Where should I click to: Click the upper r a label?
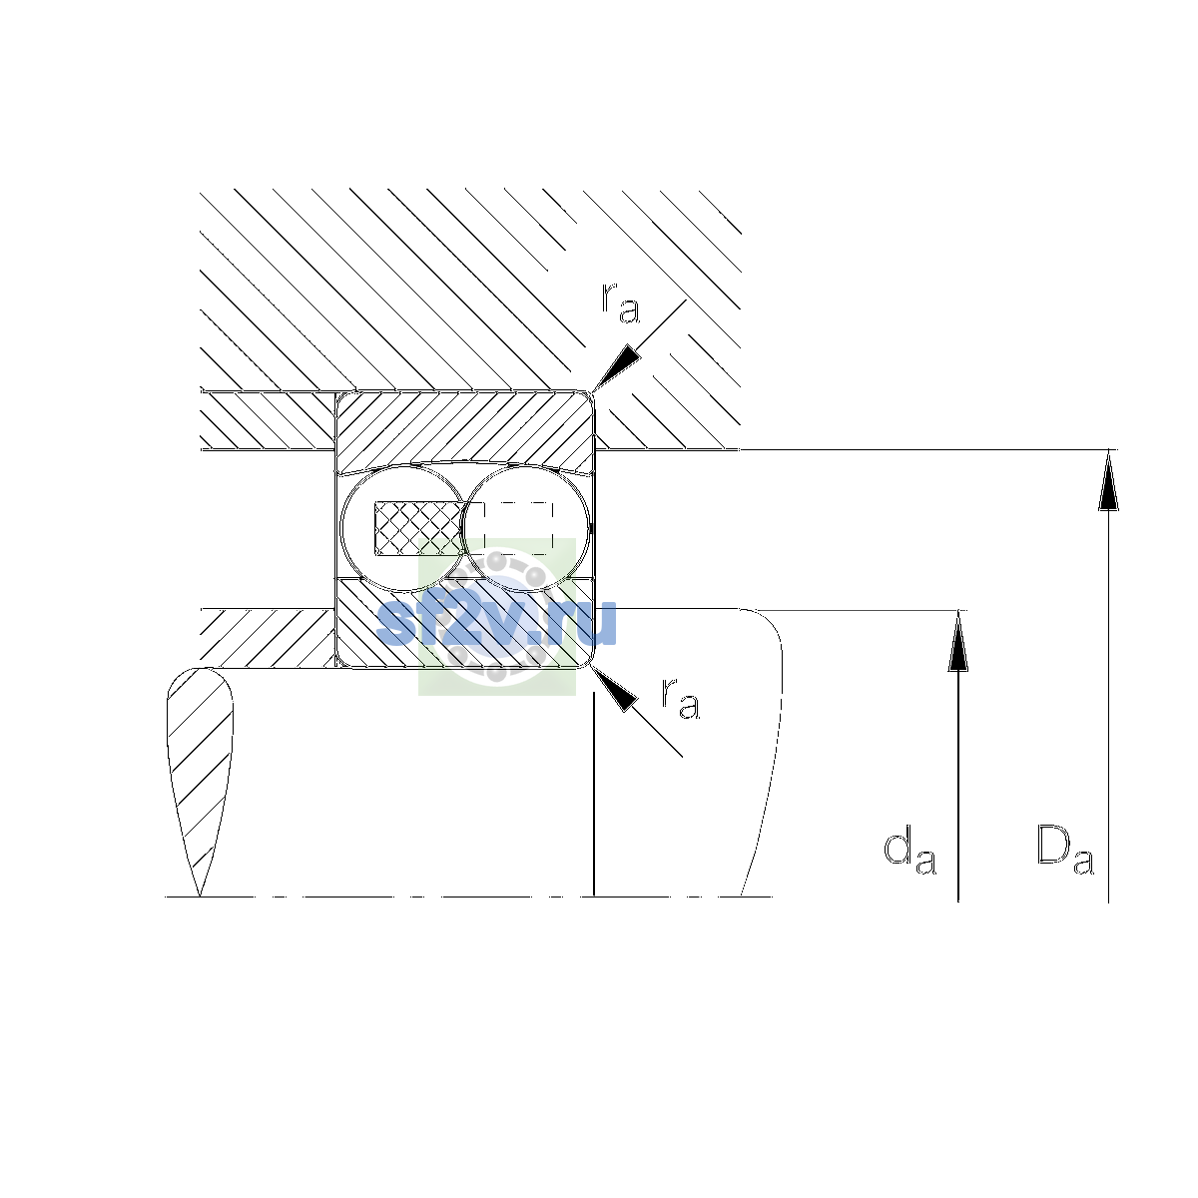point(620,303)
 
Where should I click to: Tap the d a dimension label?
point(909,850)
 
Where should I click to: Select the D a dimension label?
point(1065,850)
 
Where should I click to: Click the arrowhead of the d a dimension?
point(958,640)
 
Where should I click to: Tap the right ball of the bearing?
point(526,529)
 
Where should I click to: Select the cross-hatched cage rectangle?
point(419,528)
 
